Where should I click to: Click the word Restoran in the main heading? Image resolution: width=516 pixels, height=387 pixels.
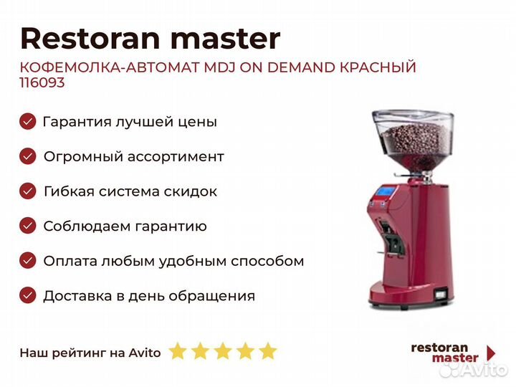pos(90,39)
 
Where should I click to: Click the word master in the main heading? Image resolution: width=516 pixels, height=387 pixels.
pos(226,39)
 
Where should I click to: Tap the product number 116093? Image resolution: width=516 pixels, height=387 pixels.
pos(42,82)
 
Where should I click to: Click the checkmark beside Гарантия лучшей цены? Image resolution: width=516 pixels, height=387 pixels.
pos(28,121)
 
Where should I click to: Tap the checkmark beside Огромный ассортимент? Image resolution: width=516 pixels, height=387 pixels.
pos(28,156)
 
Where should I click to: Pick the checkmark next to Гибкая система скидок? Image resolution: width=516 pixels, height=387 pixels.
pos(28,191)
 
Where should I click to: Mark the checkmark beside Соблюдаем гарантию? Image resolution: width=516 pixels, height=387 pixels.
pos(28,226)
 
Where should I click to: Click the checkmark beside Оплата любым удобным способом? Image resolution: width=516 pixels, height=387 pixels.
pos(28,261)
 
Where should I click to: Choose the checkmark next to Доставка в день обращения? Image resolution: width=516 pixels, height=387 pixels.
pos(28,295)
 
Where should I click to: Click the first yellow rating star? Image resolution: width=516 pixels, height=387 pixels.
pos(178,350)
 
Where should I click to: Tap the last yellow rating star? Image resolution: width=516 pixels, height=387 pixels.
pos(268,350)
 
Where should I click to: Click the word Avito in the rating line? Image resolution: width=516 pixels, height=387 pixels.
pos(145,353)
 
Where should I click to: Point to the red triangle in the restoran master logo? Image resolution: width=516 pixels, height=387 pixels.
pos(491,353)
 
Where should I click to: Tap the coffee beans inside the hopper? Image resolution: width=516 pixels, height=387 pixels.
pos(415,140)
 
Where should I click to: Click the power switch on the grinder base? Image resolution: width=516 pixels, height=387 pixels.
pos(440,293)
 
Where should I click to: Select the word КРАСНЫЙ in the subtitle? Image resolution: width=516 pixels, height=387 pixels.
pos(378,67)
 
